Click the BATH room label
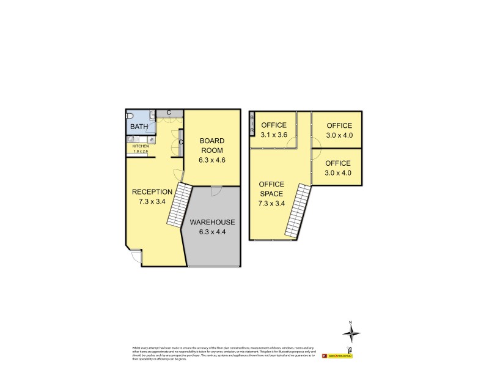tap(138, 127)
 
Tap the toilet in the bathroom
tap(130, 116)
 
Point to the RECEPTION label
tap(152, 191)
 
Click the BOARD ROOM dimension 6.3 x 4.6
tap(212, 160)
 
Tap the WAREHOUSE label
tap(212, 222)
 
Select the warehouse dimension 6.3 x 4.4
tap(212, 232)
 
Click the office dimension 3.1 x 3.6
tap(274, 135)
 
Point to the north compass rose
tap(351, 334)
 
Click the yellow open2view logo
tap(340, 355)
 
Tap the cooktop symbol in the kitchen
tap(150, 139)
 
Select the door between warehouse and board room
tap(215, 191)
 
